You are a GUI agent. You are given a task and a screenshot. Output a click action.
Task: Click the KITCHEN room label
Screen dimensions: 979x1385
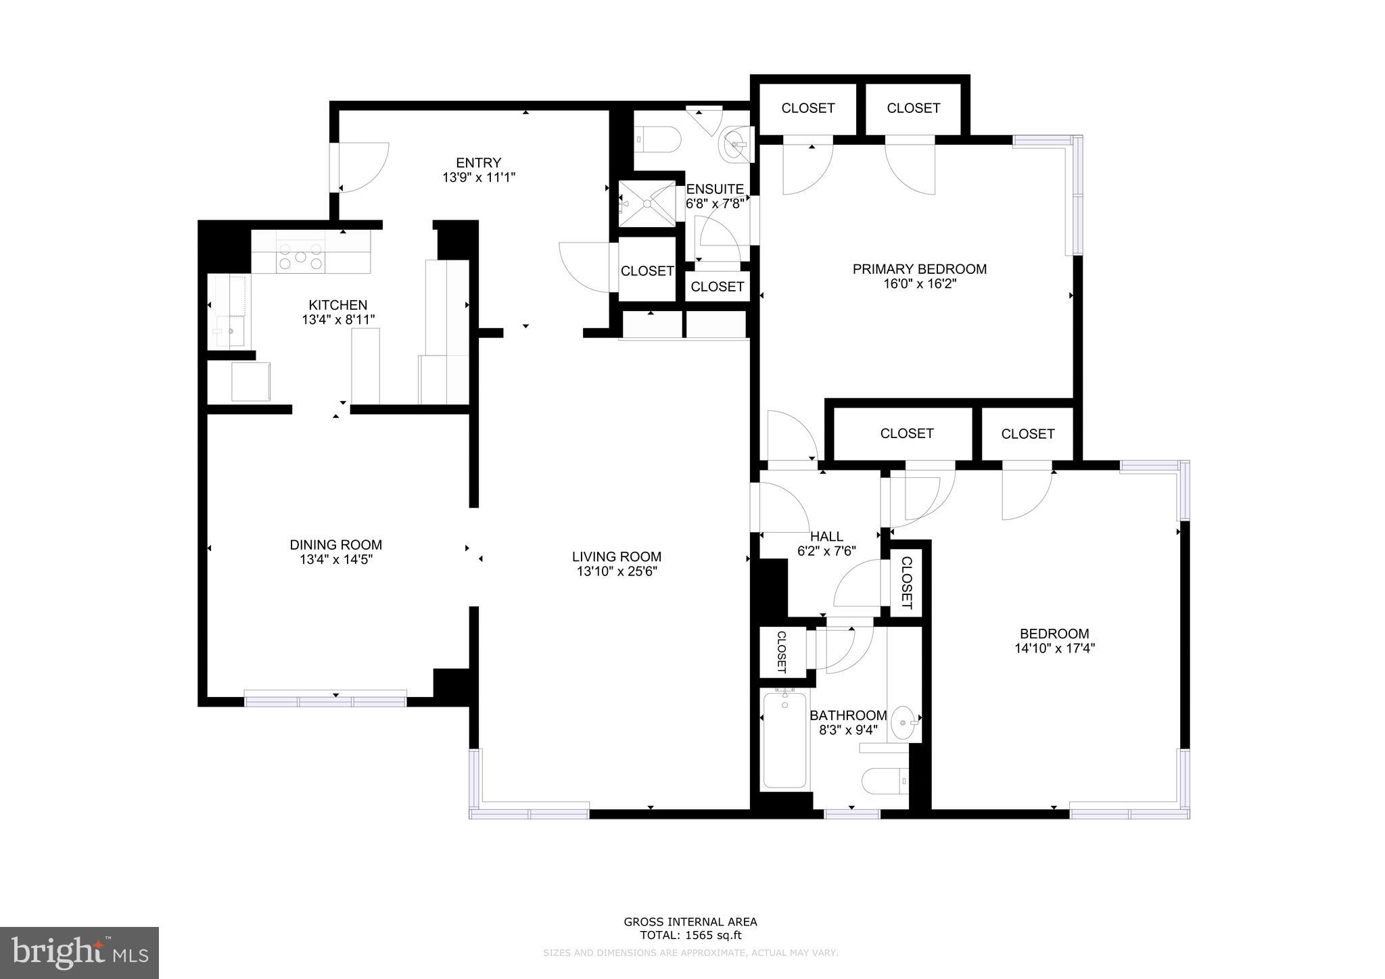[337, 305]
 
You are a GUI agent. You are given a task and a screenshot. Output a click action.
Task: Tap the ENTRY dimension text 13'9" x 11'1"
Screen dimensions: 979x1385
[478, 178]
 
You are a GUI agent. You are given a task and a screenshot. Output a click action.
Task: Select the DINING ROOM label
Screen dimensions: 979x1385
[335, 545]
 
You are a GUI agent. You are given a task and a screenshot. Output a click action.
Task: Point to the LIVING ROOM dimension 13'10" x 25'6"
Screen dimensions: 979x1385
[616, 572]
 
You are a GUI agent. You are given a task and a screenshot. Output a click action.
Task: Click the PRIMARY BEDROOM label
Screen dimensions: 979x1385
[919, 269]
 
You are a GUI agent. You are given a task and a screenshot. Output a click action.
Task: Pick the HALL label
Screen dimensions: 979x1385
[826, 537]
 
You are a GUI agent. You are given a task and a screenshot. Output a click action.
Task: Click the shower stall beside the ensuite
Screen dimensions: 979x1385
[647, 204]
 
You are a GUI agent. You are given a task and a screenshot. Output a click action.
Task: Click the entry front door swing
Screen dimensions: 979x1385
[362, 167]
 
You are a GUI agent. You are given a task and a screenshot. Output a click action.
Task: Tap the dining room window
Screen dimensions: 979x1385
[325, 701]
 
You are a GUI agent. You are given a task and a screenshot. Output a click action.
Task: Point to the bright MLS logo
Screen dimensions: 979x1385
[79, 953]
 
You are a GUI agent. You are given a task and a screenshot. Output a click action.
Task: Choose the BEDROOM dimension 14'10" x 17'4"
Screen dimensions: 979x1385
[1054, 648]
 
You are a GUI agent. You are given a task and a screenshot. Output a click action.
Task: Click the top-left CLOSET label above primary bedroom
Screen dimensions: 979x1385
[807, 108]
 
